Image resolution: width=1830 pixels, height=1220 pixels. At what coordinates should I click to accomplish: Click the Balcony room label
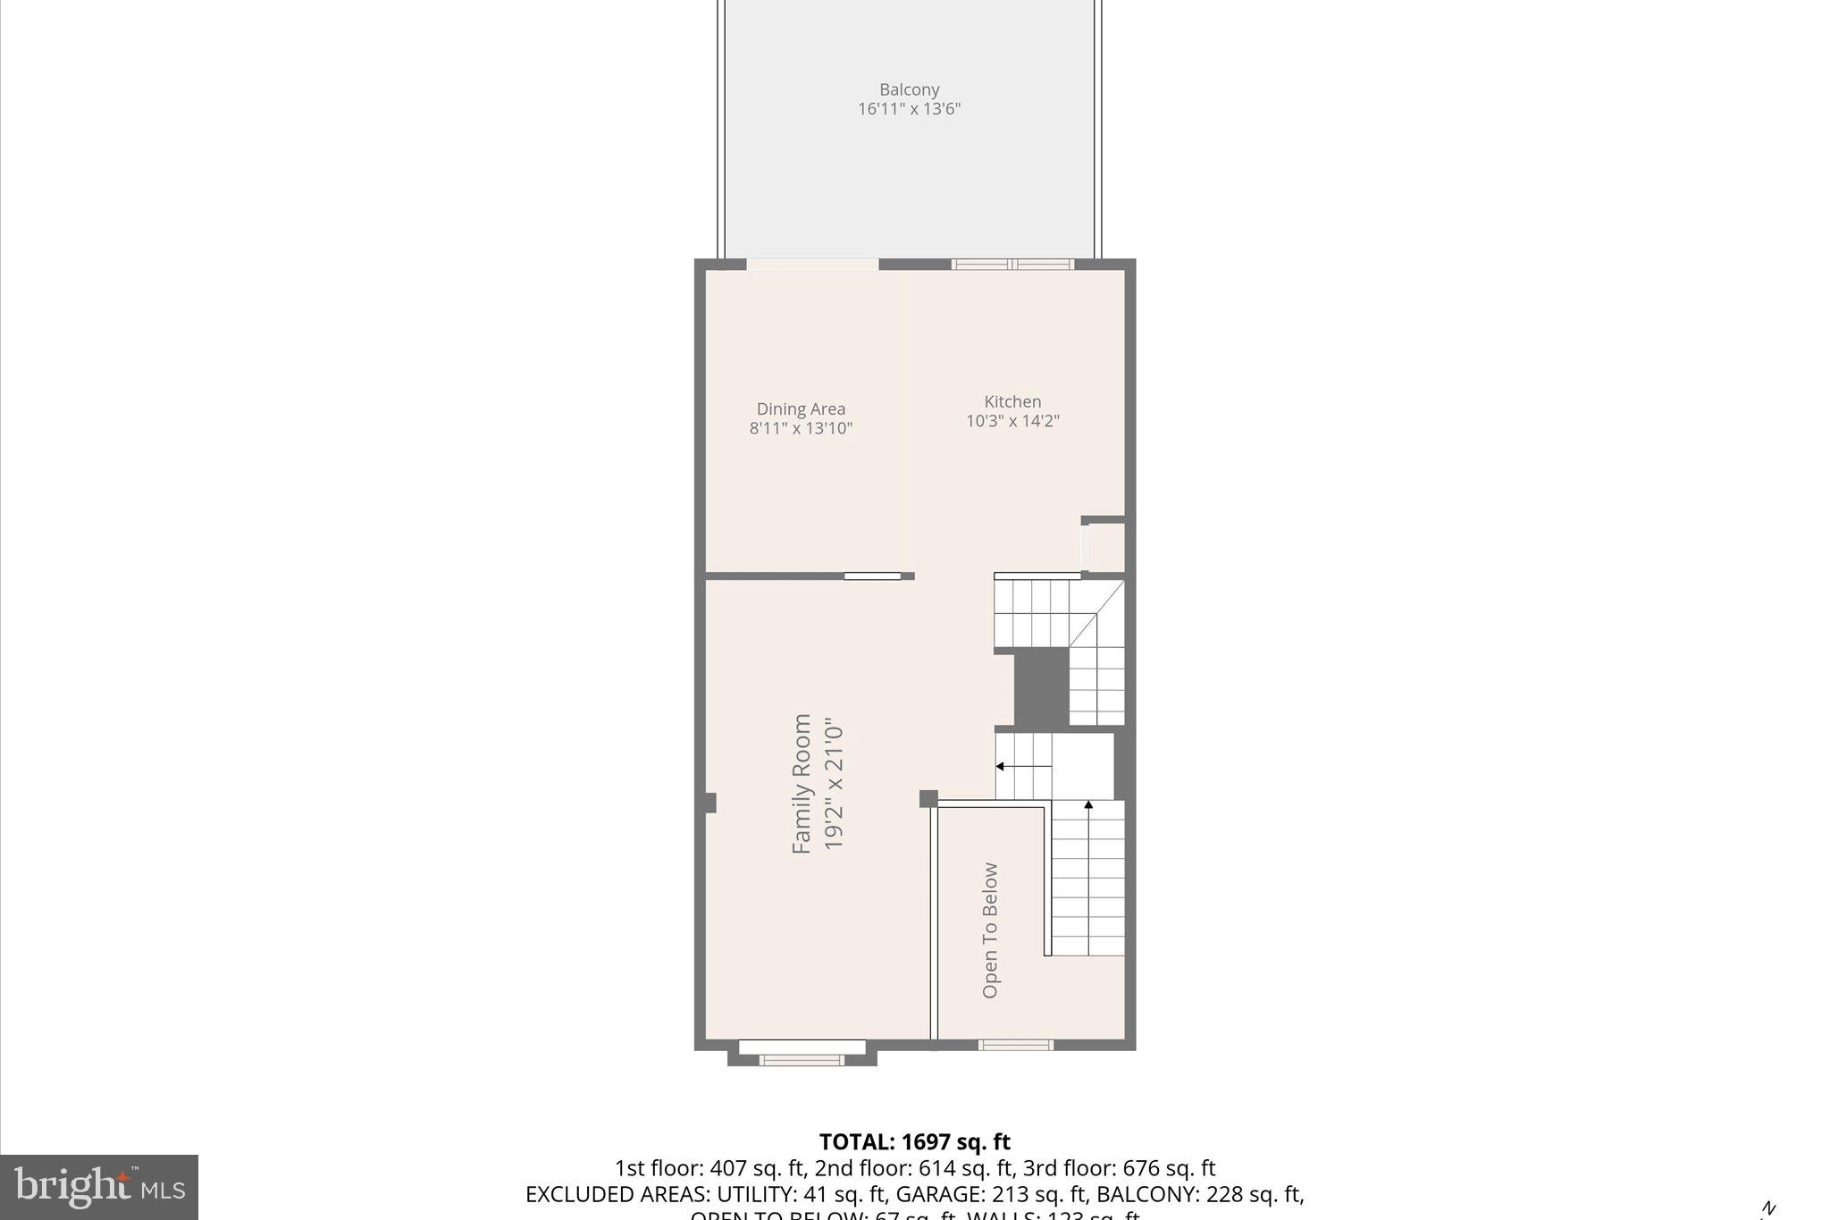pyautogui.click(x=909, y=89)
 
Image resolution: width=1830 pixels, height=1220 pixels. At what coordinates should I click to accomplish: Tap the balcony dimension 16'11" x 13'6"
pyautogui.click(x=909, y=109)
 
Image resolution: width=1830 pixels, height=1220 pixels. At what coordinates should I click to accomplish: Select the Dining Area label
pyautogui.click(x=801, y=409)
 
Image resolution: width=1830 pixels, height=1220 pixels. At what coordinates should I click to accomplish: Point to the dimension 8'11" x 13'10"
pyautogui.click(x=801, y=428)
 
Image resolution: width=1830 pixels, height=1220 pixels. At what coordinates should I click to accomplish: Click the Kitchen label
pyautogui.click(x=1012, y=401)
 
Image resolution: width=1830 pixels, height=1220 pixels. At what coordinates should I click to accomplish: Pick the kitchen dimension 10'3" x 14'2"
pyautogui.click(x=1012, y=421)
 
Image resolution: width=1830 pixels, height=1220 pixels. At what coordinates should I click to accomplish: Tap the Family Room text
pyautogui.click(x=802, y=783)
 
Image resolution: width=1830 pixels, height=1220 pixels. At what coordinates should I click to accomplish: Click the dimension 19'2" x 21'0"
pyautogui.click(x=833, y=783)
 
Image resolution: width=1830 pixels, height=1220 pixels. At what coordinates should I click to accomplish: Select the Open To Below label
pyautogui.click(x=990, y=930)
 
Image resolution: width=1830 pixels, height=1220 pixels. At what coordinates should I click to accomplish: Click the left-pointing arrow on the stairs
pyautogui.click(x=1002, y=766)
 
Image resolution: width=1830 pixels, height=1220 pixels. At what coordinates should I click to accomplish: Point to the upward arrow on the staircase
pyautogui.click(x=1088, y=806)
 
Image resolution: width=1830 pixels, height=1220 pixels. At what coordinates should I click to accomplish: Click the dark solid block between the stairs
pyautogui.click(x=1042, y=686)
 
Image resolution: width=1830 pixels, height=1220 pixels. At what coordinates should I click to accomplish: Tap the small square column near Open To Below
pyautogui.click(x=928, y=798)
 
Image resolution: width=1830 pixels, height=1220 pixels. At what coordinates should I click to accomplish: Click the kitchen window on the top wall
pyautogui.click(x=1012, y=264)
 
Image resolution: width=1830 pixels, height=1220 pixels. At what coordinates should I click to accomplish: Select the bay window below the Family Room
pyautogui.click(x=802, y=1060)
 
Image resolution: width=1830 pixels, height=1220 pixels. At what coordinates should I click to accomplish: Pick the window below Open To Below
pyautogui.click(x=1015, y=1045)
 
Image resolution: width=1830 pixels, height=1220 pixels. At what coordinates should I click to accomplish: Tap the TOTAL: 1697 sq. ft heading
pyautogui.click(x=914, y=1141)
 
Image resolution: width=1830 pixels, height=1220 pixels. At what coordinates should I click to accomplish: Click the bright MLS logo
pyautogui.click(x=99, y=1187)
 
